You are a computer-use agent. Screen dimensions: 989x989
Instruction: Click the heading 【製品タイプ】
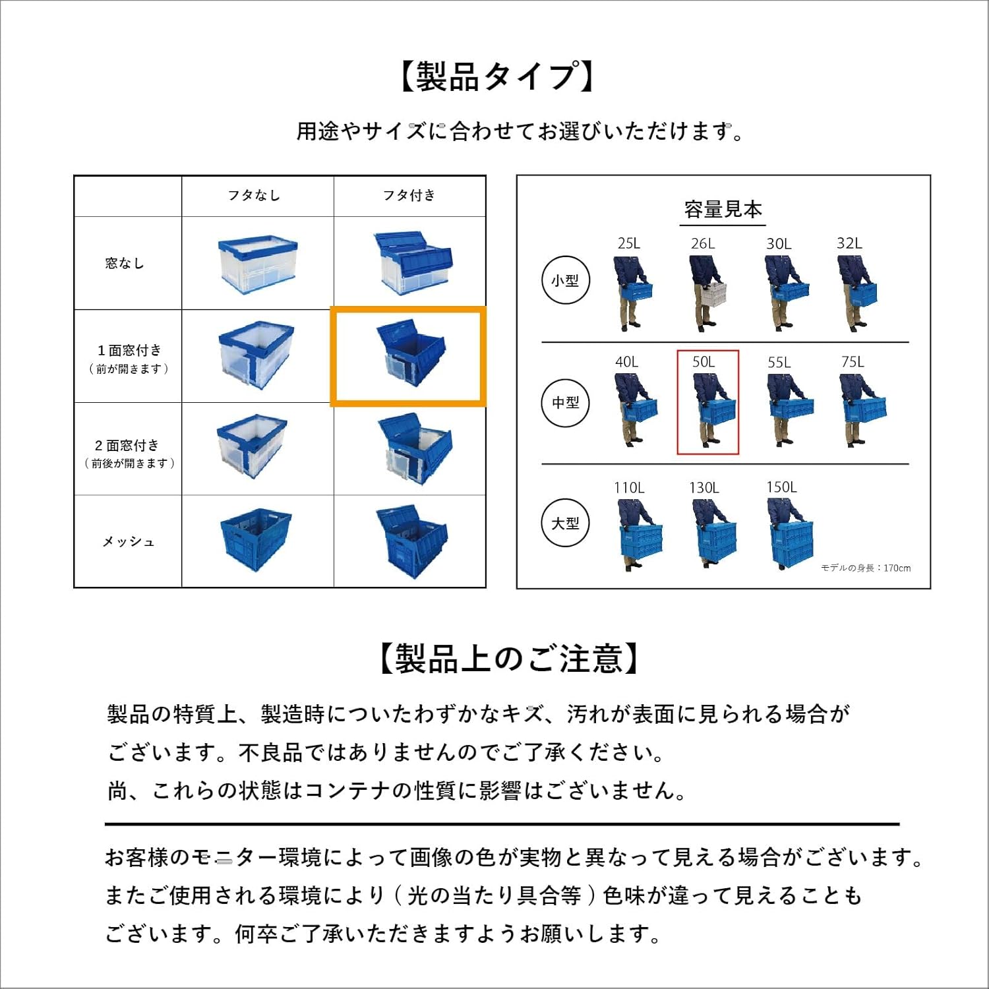(498, 76)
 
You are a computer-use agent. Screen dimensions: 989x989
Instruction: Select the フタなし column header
(254, 195)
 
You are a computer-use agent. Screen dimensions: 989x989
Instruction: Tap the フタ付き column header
(409, 195)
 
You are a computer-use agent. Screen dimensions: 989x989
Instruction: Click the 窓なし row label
(125, 263)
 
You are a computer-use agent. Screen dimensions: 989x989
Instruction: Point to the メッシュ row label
(129, 541)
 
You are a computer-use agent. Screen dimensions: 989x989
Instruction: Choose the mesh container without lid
(256, 539)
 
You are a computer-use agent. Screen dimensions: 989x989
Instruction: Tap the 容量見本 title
(723, 210)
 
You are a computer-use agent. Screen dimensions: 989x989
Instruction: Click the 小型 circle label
(565, 280)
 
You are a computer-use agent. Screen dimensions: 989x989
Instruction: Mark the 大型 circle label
(565, 523)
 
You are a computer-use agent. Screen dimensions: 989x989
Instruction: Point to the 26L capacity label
(703, 243)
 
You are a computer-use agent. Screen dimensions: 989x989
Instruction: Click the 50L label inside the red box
(704, 362)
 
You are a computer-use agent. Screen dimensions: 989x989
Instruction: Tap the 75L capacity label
(853, 362)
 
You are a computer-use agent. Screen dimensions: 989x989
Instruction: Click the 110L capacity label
(629, 488)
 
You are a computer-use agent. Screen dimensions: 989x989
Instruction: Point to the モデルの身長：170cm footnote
(865, 568)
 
